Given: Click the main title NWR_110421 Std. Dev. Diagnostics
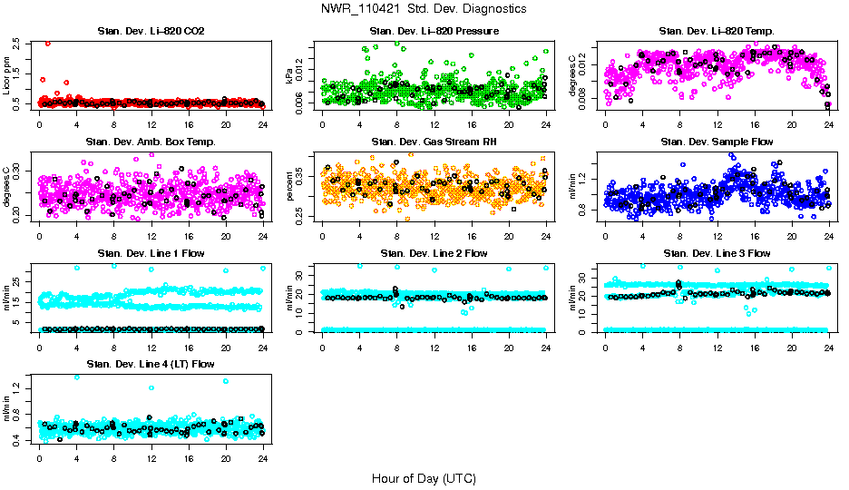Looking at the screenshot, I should point(423,8).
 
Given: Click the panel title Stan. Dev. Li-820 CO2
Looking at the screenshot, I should point(151,32).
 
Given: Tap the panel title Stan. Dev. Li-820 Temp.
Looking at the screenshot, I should point(717,32).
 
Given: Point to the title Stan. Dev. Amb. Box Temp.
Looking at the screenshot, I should point(151,142).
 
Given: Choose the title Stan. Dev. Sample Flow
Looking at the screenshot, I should point(717,142).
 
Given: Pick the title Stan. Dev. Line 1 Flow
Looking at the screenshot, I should point(151,253).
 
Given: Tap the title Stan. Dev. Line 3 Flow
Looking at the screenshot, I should point(717,253).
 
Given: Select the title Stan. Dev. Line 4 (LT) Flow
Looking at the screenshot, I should point(151,364).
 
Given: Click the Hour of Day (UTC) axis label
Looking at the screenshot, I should point(423,478).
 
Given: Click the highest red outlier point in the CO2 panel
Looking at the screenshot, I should point(48,44).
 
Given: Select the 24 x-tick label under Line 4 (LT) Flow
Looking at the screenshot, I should point(262,458).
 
